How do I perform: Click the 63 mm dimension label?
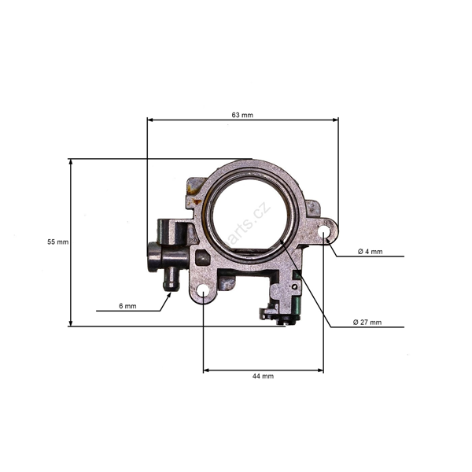pos(242,115)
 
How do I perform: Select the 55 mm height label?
pos(58,242)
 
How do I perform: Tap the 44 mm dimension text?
pos(263,376)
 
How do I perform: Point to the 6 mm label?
pos(128,305)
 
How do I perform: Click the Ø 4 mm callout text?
pos(370,251)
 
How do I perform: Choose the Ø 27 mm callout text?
pos(367,322)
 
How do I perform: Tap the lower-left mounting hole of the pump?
pos(204,291)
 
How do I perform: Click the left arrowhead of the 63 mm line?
pos(150,120)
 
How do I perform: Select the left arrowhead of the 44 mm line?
pos(206,369)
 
